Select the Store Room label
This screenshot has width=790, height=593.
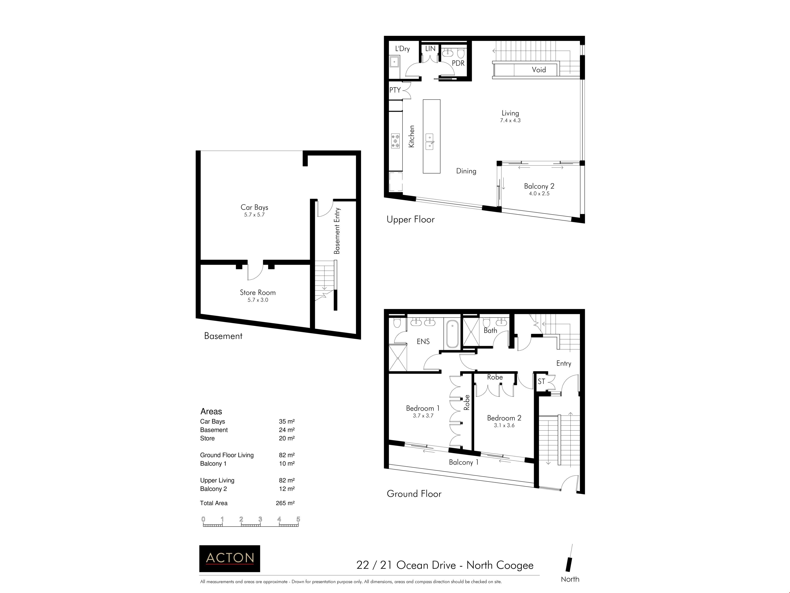pyautogui.click(x=258, y=292)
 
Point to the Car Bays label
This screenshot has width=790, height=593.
pyautogui.click(x=254, y=207)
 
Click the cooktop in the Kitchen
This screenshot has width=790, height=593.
pyautogui.click(x=395, y=141)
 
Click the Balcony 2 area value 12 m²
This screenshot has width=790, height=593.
pyautogui.click(x=287, y=489)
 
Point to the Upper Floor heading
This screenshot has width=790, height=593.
pyautogui.click(x=410, y=219)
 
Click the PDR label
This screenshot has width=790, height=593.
pyautogui.click(x=458, y=63)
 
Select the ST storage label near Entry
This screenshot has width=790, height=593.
pyautogui.click(x=541, y=381)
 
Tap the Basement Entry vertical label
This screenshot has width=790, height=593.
pyautogui.click(x=337, y=231)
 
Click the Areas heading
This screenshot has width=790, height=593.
pyautogui.click(x=211, y=411)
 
